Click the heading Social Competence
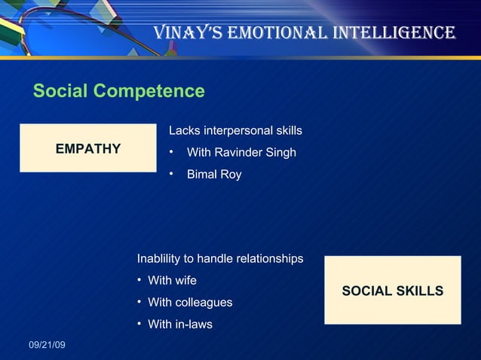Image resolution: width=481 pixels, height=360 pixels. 119,91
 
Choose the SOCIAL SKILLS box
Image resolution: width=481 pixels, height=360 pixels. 392,291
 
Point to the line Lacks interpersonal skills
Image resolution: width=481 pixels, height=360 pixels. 235,131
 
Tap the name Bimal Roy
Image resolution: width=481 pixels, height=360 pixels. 214,175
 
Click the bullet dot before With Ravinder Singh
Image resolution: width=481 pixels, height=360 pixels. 172,152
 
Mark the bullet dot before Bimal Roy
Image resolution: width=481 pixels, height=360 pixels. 172,174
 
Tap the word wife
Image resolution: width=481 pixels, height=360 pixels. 185,281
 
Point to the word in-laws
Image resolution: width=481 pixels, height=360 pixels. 194,325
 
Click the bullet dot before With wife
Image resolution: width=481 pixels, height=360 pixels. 140,280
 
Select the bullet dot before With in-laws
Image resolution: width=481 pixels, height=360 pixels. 140,324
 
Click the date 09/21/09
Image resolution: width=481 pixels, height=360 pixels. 47,345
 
